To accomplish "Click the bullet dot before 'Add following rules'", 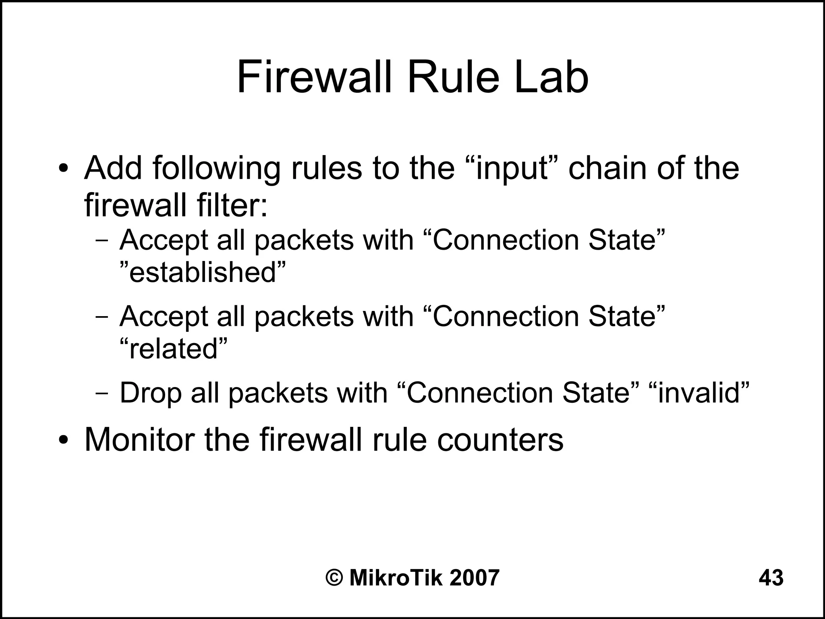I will [64, 168].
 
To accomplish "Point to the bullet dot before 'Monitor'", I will [64, 440].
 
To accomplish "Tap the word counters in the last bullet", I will [500, 440].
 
